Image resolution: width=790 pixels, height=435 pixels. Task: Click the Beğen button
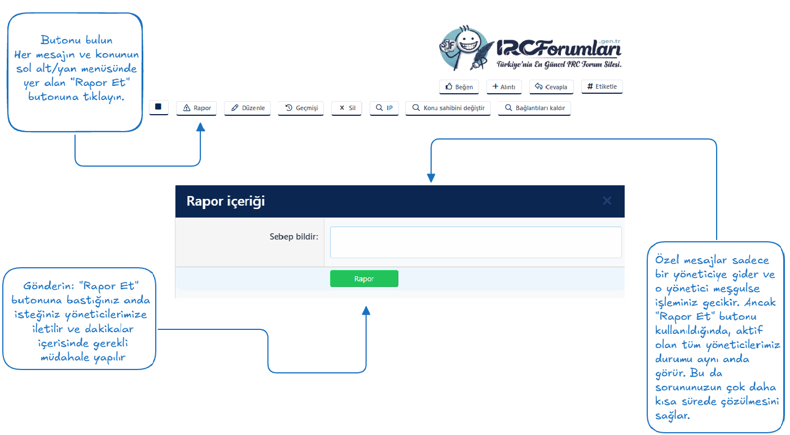[x=459, y=87]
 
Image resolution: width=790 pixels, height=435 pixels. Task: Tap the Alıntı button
[x=504, y=87]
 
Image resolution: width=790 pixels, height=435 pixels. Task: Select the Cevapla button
[x=551, y=87]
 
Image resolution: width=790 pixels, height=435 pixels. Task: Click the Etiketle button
[x=602, y=86]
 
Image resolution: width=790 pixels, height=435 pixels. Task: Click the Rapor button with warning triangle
[x=196, y=108]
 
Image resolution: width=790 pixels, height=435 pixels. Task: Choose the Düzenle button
[x=247, y=108]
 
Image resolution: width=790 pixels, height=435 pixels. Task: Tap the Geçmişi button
[x=301, y=108]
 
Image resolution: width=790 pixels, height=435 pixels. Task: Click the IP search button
[x=384, y=108]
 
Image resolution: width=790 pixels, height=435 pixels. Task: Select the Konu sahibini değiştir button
[x=448, y=108]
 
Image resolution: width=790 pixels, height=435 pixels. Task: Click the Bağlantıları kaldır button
[x=534, y=108]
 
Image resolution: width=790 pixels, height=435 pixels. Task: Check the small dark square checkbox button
[x=159, y=107]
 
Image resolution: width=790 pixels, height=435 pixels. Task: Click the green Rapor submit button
[x=365, y=279]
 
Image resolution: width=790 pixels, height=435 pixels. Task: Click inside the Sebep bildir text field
[x=476, y=242]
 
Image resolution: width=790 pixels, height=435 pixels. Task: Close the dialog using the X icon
[x=607, y=201]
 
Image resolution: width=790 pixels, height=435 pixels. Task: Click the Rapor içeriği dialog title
[x=226, y=201]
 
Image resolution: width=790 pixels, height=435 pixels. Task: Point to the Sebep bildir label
[x=294, y=237]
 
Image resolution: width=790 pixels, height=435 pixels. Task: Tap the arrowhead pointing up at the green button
[x=366, y=310]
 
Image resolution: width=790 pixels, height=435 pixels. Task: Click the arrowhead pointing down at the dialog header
[x=431, y=177]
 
